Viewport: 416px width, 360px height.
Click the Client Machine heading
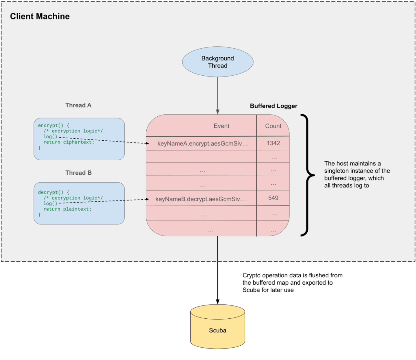40,16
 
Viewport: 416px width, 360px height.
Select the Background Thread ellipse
218,62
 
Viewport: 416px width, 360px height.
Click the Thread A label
78,105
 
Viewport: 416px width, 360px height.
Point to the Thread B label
78,173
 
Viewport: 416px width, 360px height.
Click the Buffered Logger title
273,106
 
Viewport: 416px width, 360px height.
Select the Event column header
221,126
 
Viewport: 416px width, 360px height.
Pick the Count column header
273,126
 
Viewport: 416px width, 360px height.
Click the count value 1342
273,143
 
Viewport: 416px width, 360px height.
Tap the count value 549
273,198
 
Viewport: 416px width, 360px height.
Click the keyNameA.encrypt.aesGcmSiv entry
202,143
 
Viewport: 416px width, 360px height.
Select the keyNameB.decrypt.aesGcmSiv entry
200,199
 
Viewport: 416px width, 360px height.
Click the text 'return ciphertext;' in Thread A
69,142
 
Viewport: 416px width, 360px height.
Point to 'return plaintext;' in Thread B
67,209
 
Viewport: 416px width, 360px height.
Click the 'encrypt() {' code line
53,125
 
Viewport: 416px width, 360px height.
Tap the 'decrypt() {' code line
53,192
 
